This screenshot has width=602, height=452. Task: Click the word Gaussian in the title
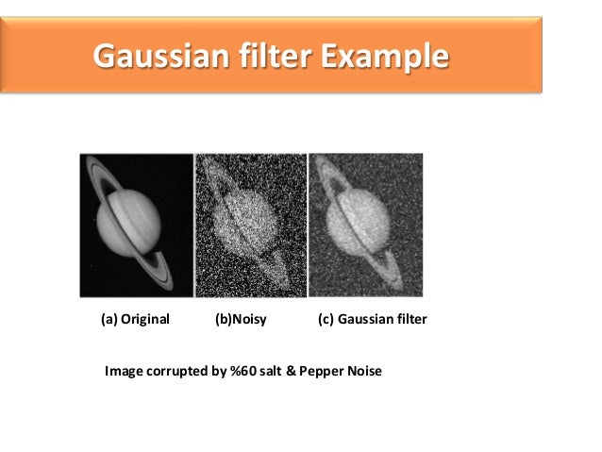[x=157, y=57]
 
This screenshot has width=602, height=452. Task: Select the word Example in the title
[x=383, y=57]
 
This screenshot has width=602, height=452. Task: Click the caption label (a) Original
[x=135, y=319]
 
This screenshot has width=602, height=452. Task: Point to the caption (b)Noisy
[x=241, y=319]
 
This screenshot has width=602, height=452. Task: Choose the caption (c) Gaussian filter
[x=373, y=319]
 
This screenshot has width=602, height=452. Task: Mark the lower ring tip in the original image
[x=173, y=275]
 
